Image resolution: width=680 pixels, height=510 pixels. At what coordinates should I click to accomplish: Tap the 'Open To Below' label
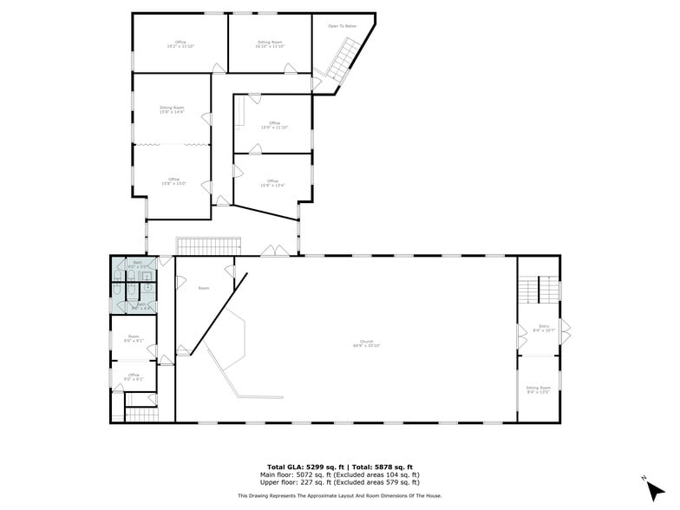pyautogui.click(x=342, y=26)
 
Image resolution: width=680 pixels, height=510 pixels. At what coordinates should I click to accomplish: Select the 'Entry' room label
pyautogui.click(x=538, y=329)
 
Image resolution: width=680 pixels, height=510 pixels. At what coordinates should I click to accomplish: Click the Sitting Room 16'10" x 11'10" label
pyautogui.click(x=270, y=43)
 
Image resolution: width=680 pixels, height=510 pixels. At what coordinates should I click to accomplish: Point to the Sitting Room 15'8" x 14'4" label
pyautogui.click(x=172, y=109)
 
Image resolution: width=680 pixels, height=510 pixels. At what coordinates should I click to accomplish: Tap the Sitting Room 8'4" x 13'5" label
pyautogui.click(x=538, y=389)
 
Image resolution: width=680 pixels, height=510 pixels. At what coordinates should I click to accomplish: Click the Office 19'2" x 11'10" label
pyautogui.click(x=180, y=43)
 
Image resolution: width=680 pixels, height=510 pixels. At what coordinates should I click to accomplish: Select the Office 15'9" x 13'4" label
pyautogui.click(x=272, y=183)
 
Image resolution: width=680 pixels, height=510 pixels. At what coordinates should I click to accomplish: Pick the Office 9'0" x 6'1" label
pyautogui.click(x=134, y=376)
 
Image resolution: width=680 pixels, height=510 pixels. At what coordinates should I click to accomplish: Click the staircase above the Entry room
pyautogui.click(x=539, y=289)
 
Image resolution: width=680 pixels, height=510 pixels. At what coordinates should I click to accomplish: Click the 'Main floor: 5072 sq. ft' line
pyautogui.click(x=340, y=474)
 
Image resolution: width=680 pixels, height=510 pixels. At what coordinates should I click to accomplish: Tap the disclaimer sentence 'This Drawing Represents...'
pyautogui.click(x=340, y=495)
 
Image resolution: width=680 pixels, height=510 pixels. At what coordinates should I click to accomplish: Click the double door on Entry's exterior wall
pyautogui.click(x=565, y=330)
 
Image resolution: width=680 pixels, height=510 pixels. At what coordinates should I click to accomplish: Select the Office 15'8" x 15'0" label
pyautogui.click(x=172, y=181)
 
